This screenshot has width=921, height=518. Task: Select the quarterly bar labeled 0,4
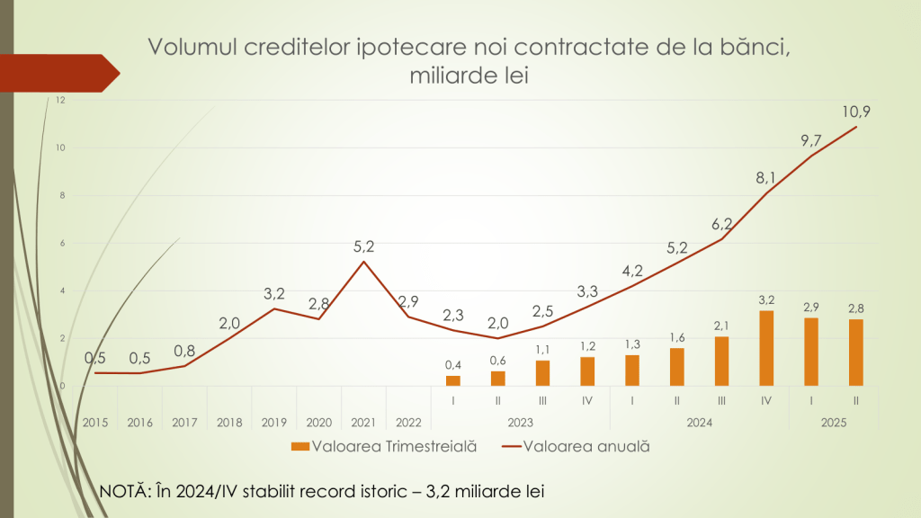(453, 380)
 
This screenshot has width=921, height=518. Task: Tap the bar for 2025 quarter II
(855, 353)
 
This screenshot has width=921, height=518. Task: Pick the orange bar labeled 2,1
(721, 361)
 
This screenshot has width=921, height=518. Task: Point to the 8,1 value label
(766, 179)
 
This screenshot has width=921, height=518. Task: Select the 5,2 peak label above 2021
(363, 246)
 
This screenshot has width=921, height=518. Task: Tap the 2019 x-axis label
(274, 422)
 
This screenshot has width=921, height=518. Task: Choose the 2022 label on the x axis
(408, 422)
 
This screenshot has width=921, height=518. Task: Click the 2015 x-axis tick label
(95, 422)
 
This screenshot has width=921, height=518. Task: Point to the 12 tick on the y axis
(60, 100)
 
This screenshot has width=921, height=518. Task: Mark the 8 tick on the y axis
(62, 195)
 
